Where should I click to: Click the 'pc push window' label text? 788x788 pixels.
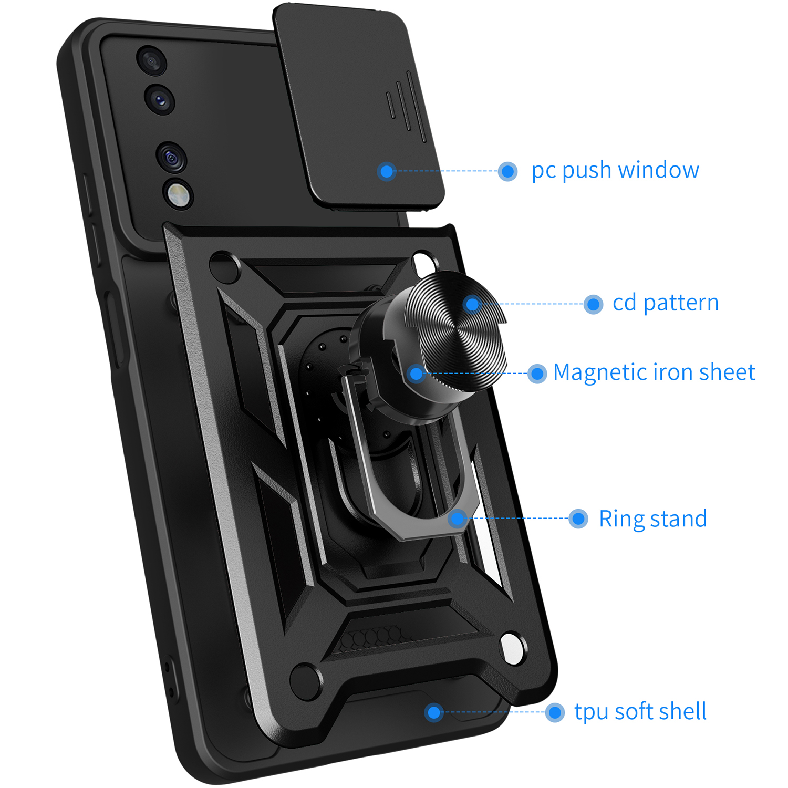click(615, 171)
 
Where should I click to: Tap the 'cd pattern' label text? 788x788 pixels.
click(666, 303)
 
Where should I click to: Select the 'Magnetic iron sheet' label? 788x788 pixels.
click(654, 372)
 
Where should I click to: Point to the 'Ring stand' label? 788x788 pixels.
click(653, 519)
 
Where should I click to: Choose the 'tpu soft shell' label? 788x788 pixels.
click(640, 712)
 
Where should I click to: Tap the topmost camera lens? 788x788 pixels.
click(151, 61)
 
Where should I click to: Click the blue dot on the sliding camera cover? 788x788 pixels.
click(387, 171)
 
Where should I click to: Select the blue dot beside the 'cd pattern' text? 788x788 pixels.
click(593, 304)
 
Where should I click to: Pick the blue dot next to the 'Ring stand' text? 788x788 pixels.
click(578, 519)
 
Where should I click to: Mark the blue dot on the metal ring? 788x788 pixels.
click(458, 519)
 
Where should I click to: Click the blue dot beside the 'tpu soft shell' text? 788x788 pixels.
click(555, 713)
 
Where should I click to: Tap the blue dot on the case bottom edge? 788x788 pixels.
click(434, 713)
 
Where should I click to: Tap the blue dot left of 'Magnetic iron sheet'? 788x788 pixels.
click(537, 374)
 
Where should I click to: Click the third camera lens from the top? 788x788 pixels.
click(171, 157)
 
